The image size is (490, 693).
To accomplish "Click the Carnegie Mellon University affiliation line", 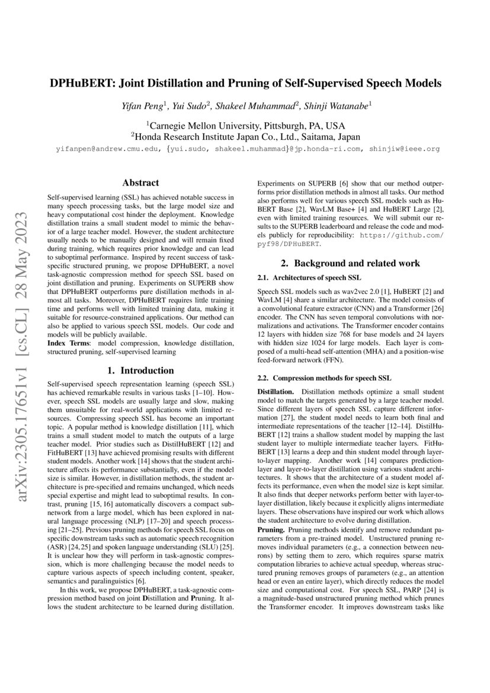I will click(245, 126).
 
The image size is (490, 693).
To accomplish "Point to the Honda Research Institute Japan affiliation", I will click(245, 136).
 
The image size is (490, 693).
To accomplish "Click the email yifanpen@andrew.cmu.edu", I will click(105, 149).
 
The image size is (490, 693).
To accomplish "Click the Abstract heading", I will click(140, 183).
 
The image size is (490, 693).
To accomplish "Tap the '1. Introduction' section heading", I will click(140, 371).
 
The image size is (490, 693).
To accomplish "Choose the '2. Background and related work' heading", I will click(350, 263).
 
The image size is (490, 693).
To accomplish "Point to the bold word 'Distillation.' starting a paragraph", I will click(277, 392).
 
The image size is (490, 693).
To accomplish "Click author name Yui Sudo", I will click(193, 106).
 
